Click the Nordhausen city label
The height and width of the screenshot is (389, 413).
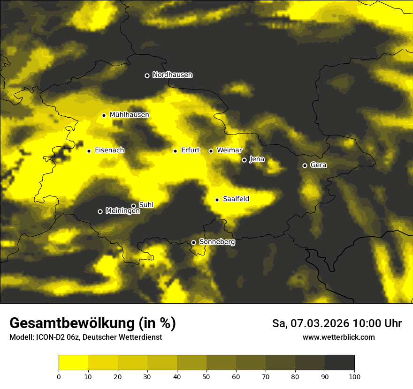[x=172, y=75]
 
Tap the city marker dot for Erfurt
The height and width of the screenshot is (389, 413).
[x=175, y=151]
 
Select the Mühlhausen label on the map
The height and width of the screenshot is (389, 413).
[x=129, y=115]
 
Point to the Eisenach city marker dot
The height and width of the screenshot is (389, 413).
[x=89, y=151]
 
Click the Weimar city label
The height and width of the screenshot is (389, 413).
[x=229, y=150]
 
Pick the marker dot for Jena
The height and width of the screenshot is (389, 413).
[x=244, y=160]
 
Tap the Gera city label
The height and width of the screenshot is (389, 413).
[x=318, y=165]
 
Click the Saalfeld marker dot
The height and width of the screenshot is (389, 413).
[x=217, y=200]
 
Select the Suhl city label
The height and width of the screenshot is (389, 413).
[x=146, y=205]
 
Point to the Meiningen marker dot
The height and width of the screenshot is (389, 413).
[x=100, y=211]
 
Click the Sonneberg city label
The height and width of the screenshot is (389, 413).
[x=217, y=242]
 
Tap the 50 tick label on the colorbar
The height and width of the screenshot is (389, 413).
[x=206, y=376]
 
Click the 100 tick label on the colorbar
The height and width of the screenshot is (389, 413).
[x=354, y=376]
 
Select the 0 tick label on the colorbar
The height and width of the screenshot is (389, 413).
[x=59, y=376]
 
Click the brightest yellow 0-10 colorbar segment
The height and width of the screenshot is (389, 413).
[x=73, y=363]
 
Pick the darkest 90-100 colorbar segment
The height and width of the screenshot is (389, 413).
[x=339, y=363]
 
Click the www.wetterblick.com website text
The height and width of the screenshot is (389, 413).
[x=338, y=337]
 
